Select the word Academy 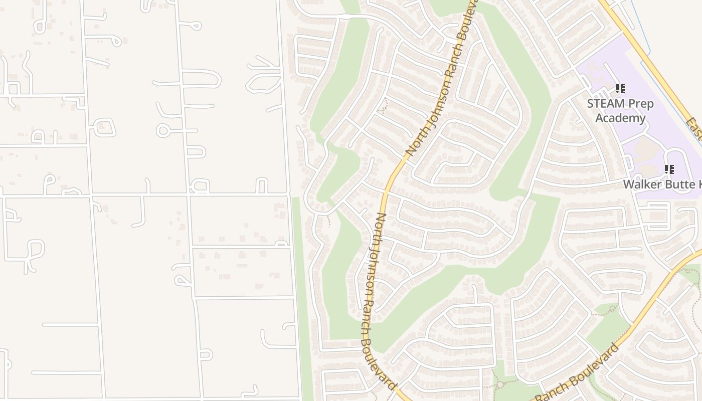coord(620,118)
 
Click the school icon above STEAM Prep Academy coord(620,89)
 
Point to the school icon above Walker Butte coord(669,169)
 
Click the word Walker coord(642,184)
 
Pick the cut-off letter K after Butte coord(699,184)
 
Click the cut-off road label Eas coord(695,129)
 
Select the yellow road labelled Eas coord(652,65)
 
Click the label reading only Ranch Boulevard coord(577,373)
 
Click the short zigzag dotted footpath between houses coord(328,220)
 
